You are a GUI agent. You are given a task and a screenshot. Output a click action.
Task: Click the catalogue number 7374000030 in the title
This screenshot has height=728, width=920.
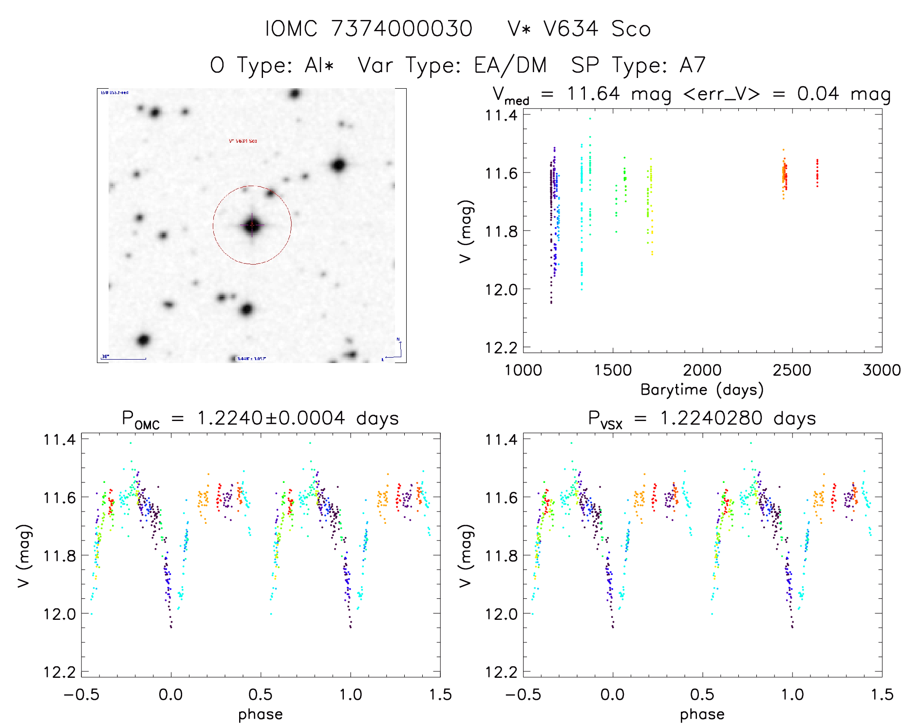401,29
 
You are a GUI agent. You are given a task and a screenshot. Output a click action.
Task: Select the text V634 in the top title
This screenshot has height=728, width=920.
570,29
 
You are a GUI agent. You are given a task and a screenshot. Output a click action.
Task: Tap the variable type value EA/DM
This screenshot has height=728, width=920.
510,65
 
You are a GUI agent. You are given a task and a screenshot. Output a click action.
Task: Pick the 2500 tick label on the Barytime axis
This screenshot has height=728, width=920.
792,370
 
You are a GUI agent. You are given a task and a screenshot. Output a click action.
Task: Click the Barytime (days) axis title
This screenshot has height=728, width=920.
702,390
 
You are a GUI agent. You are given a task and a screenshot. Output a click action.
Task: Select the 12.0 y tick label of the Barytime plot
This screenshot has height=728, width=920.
501,289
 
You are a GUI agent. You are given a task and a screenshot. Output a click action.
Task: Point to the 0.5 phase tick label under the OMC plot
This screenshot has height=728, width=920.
261,694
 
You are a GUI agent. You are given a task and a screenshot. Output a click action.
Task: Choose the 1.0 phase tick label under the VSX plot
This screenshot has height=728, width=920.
792,694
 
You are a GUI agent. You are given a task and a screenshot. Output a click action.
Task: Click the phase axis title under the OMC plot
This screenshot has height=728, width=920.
260,714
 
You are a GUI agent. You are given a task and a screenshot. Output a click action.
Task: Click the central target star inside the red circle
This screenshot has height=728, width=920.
252,225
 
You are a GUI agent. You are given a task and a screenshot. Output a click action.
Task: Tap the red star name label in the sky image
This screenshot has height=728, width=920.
243,141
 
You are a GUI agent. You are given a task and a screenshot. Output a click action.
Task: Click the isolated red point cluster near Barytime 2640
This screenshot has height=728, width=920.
817,173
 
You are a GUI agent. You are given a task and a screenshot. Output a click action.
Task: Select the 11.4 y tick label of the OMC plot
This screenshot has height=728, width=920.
59,440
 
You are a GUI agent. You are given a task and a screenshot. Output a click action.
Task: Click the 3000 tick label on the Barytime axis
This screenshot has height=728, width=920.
882,370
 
